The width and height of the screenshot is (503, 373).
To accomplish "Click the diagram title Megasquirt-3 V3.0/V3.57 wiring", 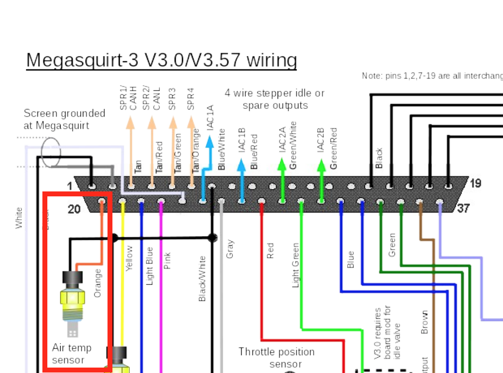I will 161,60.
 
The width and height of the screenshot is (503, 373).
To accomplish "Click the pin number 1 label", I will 70,186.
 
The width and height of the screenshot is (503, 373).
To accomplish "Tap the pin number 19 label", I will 475,184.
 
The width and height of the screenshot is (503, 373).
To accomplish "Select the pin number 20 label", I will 74,209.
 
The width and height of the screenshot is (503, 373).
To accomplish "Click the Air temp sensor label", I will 72,354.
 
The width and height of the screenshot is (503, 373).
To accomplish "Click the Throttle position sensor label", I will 277,358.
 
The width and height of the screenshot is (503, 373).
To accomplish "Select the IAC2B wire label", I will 321,142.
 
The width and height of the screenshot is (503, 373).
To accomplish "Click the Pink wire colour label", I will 167,261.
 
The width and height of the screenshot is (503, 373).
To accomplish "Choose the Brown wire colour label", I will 425,322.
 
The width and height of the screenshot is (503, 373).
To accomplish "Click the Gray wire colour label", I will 230,249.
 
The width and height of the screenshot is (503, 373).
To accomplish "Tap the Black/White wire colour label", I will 202,279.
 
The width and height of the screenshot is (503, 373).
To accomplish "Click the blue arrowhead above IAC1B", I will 241,165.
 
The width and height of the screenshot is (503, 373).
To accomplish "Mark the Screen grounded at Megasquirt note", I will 64,119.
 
